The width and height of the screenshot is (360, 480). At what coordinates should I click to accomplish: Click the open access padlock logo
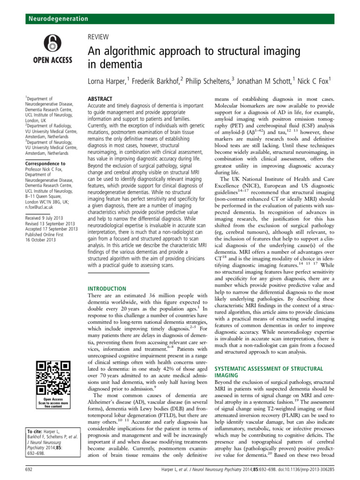click(x=52, y=45)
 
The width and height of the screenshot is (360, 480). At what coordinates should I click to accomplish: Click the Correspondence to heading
click(x=45, y=164)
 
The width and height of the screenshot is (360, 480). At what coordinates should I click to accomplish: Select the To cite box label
click(x=35, y=430)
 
